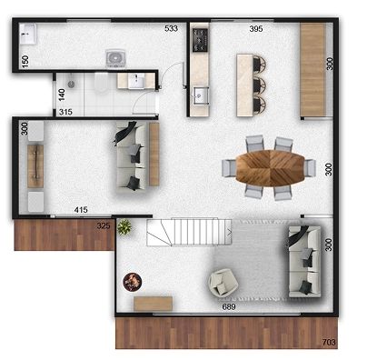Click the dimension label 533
click(x=171, y=28)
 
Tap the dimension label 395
click(x=256, y=29)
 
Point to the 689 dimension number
click(x=229, y=307)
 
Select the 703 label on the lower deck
click(x=329, y=342)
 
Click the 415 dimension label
click(x=81, y=209)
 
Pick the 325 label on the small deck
click(x=104, y=225)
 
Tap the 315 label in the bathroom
click(x=65, y=112)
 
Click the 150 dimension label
click(x=25, y=62)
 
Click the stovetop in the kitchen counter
click(x=201, y=40)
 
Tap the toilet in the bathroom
click(x=101, y=83)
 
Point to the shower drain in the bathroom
click(x=72, y=85)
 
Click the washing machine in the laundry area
click(x=115, y=58)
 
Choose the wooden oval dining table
click(x=270, y=168)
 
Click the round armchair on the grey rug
click(x=223, y=283)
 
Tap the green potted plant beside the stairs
click(x=124, y=227)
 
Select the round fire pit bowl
click(x=133, y=282)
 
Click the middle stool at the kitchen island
click(x=260, y=85)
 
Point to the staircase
click(x=189, y=232)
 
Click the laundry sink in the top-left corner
click(x=28, y=34)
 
